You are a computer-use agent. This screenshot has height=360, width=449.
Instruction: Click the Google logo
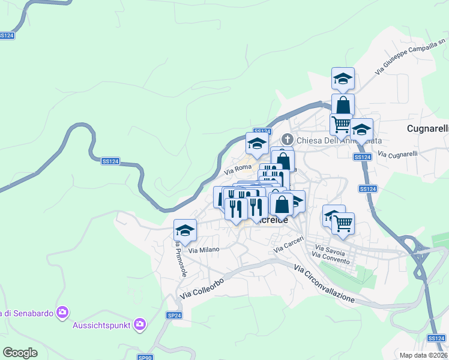(x=20, y=353)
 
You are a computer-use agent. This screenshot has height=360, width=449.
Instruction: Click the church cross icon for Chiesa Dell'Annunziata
(x=286, y=139)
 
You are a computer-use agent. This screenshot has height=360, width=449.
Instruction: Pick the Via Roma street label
(x=238, y=170)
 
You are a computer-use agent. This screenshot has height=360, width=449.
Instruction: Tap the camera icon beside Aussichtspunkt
(x=140, y=324)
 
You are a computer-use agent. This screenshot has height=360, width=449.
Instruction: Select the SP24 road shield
(x=173, y=315)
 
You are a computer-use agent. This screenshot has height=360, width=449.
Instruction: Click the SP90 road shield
(x=145, y=358)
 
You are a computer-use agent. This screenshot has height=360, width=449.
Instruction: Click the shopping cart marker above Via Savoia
(x=343, y=224)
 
